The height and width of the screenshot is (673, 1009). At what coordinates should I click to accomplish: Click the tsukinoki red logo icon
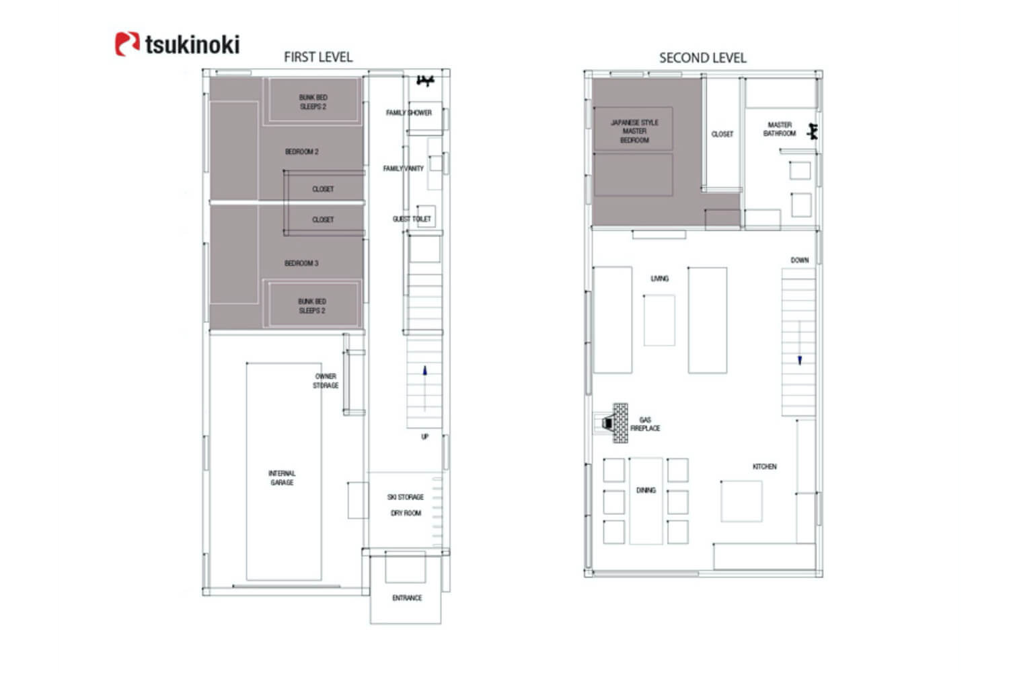[128, 44]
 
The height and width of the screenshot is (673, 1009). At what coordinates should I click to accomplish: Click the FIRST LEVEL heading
[318, 57]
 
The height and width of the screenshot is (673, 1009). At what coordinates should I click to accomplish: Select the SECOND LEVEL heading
[703, 58]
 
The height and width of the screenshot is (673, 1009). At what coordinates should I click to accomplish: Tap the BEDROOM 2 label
[302, 151]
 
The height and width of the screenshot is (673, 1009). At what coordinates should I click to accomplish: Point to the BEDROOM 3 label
[301, 263]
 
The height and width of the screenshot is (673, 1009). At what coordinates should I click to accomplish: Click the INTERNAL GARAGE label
[282, 478]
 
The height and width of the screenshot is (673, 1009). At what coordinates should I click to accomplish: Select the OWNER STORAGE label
[326, 381]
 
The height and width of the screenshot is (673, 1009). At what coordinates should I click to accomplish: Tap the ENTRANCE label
[407, 598]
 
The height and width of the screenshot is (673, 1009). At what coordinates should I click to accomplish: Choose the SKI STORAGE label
[406, 497]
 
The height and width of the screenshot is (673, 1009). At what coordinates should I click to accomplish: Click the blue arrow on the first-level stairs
[424, 371]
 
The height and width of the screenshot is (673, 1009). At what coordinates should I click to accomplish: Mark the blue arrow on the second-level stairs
[800, 359]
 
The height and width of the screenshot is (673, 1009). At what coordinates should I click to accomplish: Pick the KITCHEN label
[765, 466]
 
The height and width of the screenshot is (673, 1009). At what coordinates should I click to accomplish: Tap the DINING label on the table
[646, 490]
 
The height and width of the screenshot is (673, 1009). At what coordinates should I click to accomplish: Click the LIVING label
[659, 279]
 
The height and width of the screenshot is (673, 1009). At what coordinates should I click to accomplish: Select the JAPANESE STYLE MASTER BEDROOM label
[634, 131]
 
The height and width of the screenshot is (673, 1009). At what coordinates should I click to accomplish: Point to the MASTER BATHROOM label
[780, 129]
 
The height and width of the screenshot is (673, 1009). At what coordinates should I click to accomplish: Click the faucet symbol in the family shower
[424, 81]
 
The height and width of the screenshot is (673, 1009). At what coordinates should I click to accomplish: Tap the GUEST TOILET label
[412, 219]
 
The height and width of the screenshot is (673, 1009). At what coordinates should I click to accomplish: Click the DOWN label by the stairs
[800, 260]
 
